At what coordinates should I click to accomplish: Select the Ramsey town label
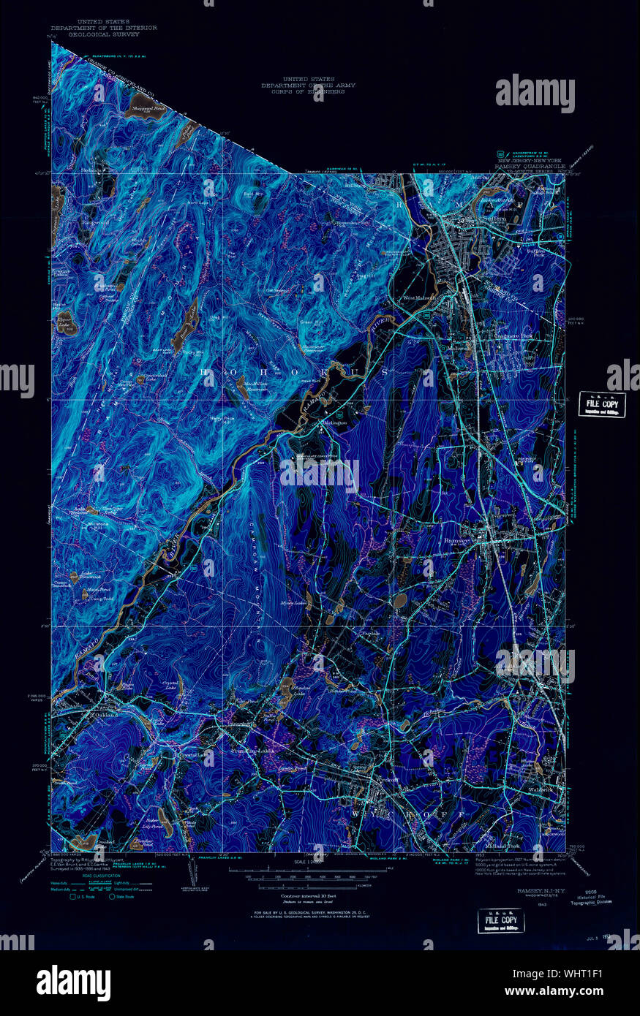coord(456,542)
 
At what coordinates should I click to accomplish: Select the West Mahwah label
coord(420,297)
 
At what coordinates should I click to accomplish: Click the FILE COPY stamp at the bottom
coord(500,921)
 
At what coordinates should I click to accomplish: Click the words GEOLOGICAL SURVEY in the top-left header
coord(94,34)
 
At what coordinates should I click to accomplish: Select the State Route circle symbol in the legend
coord(112,896)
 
